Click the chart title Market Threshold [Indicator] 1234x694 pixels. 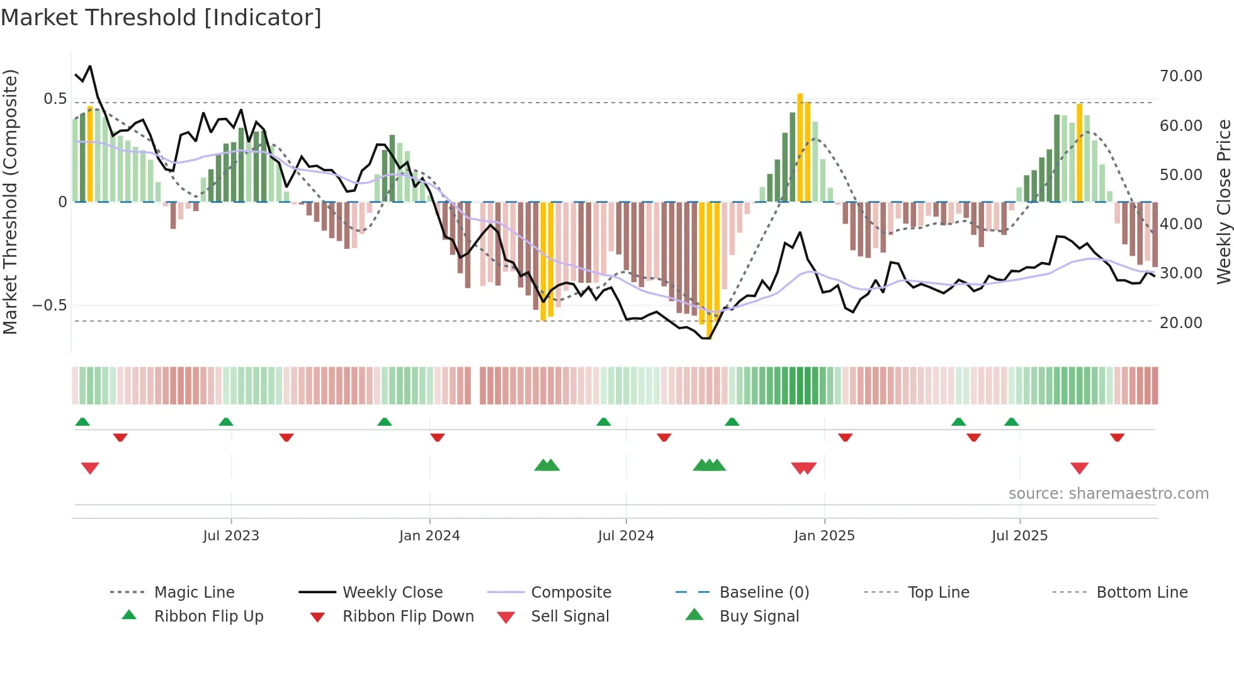click(161, 18)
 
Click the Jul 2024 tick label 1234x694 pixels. click(626, 536)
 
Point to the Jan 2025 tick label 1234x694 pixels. click(824, 536)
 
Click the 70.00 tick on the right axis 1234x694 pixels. click(1180, 76)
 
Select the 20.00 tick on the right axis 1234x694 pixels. click(1180, 323)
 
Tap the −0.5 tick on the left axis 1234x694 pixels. click(49, 305)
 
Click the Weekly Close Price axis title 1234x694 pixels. click(1223, 202)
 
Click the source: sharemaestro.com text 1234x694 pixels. click(1108, 494)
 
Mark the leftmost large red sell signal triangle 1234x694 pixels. click(90, 468)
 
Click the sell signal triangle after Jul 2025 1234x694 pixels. click(1079, 468)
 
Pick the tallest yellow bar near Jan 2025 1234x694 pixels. click(800, 147)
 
